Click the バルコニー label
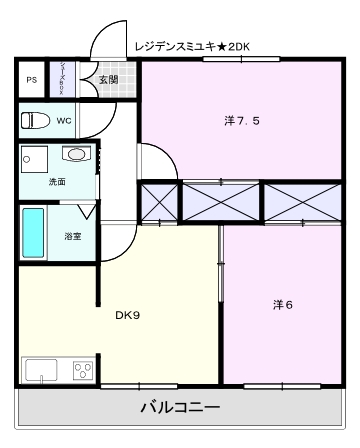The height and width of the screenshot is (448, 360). tap(179, 407)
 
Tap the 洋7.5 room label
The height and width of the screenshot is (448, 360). tap(242, 121)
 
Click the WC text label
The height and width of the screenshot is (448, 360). tap(63, 121)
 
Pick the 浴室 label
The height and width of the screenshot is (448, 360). tap(73, 237)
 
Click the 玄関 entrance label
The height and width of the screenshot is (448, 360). tap(108, 78)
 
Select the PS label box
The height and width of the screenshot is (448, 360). tap(31, 79)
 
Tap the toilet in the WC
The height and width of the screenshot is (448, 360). tap(35, 121)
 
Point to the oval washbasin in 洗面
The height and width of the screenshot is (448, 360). tap(76, 155)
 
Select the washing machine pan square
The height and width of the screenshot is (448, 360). tap(36, 159)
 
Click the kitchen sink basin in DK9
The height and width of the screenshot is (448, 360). tap(40, 370)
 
